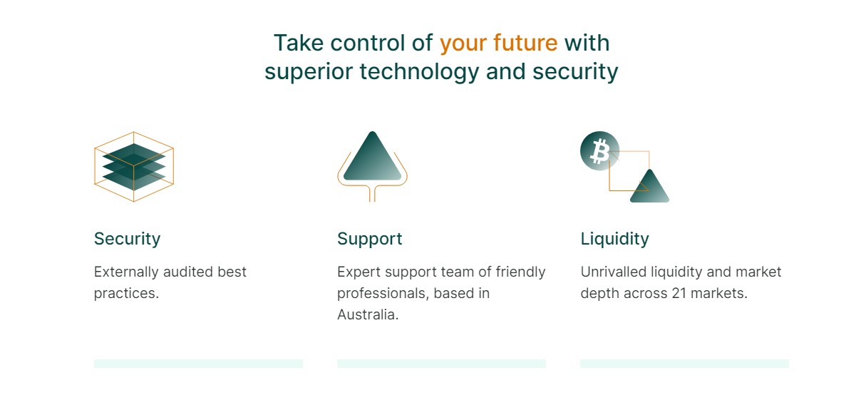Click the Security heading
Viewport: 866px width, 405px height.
click(x=127, y=239)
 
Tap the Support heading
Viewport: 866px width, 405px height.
click(x=370, y=239)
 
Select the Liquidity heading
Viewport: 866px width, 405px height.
click(x=614, y=239)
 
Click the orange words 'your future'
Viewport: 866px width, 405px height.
click(x=499, y=43)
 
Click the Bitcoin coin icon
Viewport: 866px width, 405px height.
click(x=599, y=151)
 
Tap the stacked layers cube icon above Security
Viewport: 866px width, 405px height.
click(x=134, y=167)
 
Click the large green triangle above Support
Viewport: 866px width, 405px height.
click(x=372, y=156)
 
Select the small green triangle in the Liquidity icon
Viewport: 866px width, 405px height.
click(x=649, y=186)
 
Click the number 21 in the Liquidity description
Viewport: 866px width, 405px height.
click(x=679, y=293)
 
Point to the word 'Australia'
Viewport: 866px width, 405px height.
click(x=368, y=314)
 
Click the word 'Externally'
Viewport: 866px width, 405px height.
click(x=126, y=272)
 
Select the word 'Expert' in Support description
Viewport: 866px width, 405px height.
click(x=359, y=272)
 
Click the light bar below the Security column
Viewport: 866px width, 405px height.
click(x=198, y=364)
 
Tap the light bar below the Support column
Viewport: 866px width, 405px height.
click(x=441, y=364)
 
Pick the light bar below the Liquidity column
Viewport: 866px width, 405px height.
click(x=685, y=364)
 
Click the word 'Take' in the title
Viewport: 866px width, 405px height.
click(x=299, y=43)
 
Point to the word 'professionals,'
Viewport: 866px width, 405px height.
click(x=383, y=294)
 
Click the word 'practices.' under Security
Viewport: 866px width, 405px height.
click(x=126, y=294)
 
